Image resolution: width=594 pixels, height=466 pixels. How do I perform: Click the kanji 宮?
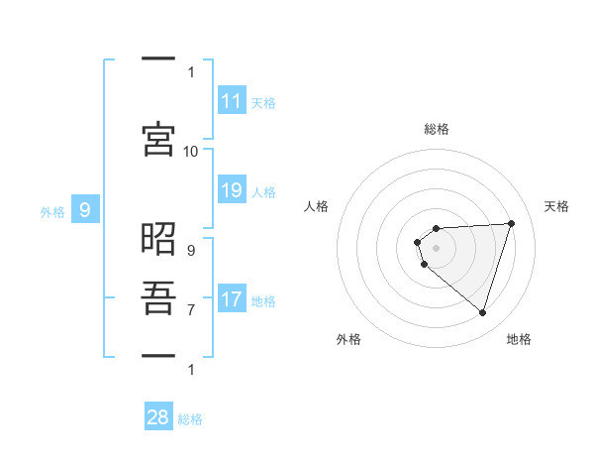coord(158,138)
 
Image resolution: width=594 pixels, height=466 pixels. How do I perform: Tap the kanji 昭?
coord(158,241)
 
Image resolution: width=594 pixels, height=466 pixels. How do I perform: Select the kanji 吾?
coord(158,298)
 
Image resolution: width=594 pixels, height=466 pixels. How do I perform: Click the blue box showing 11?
coord(232,101)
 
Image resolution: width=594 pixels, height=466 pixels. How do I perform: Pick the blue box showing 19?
coord(232,190)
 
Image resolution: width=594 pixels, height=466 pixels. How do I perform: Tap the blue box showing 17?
coord(232,299)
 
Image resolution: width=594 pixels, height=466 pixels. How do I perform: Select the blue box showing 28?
coord(158,417)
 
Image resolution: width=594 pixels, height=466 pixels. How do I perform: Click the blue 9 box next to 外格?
coord(85,209)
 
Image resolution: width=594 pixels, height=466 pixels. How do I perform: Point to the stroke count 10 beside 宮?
coord(191,151)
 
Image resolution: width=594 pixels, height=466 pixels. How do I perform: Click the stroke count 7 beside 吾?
coord(191,309)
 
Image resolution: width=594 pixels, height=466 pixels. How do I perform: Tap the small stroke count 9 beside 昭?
coord(191,251)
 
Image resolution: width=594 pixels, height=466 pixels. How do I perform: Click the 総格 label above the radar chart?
coord(436,129)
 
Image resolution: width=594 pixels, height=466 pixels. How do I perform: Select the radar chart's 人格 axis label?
coord(317,206)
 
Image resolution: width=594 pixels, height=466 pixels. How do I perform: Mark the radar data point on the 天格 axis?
coord(511,223)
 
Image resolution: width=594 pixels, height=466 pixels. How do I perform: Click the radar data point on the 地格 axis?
coord(482,312)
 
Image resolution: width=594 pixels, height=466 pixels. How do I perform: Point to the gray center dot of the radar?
coord(436,247)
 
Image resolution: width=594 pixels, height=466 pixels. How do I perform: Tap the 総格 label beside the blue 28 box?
coord(190,419)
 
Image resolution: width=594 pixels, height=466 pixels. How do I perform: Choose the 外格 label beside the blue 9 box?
coord(51,211)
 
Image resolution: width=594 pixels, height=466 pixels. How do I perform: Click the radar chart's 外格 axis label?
coord(348,339)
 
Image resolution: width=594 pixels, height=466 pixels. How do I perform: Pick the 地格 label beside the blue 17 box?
coord(263,301)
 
